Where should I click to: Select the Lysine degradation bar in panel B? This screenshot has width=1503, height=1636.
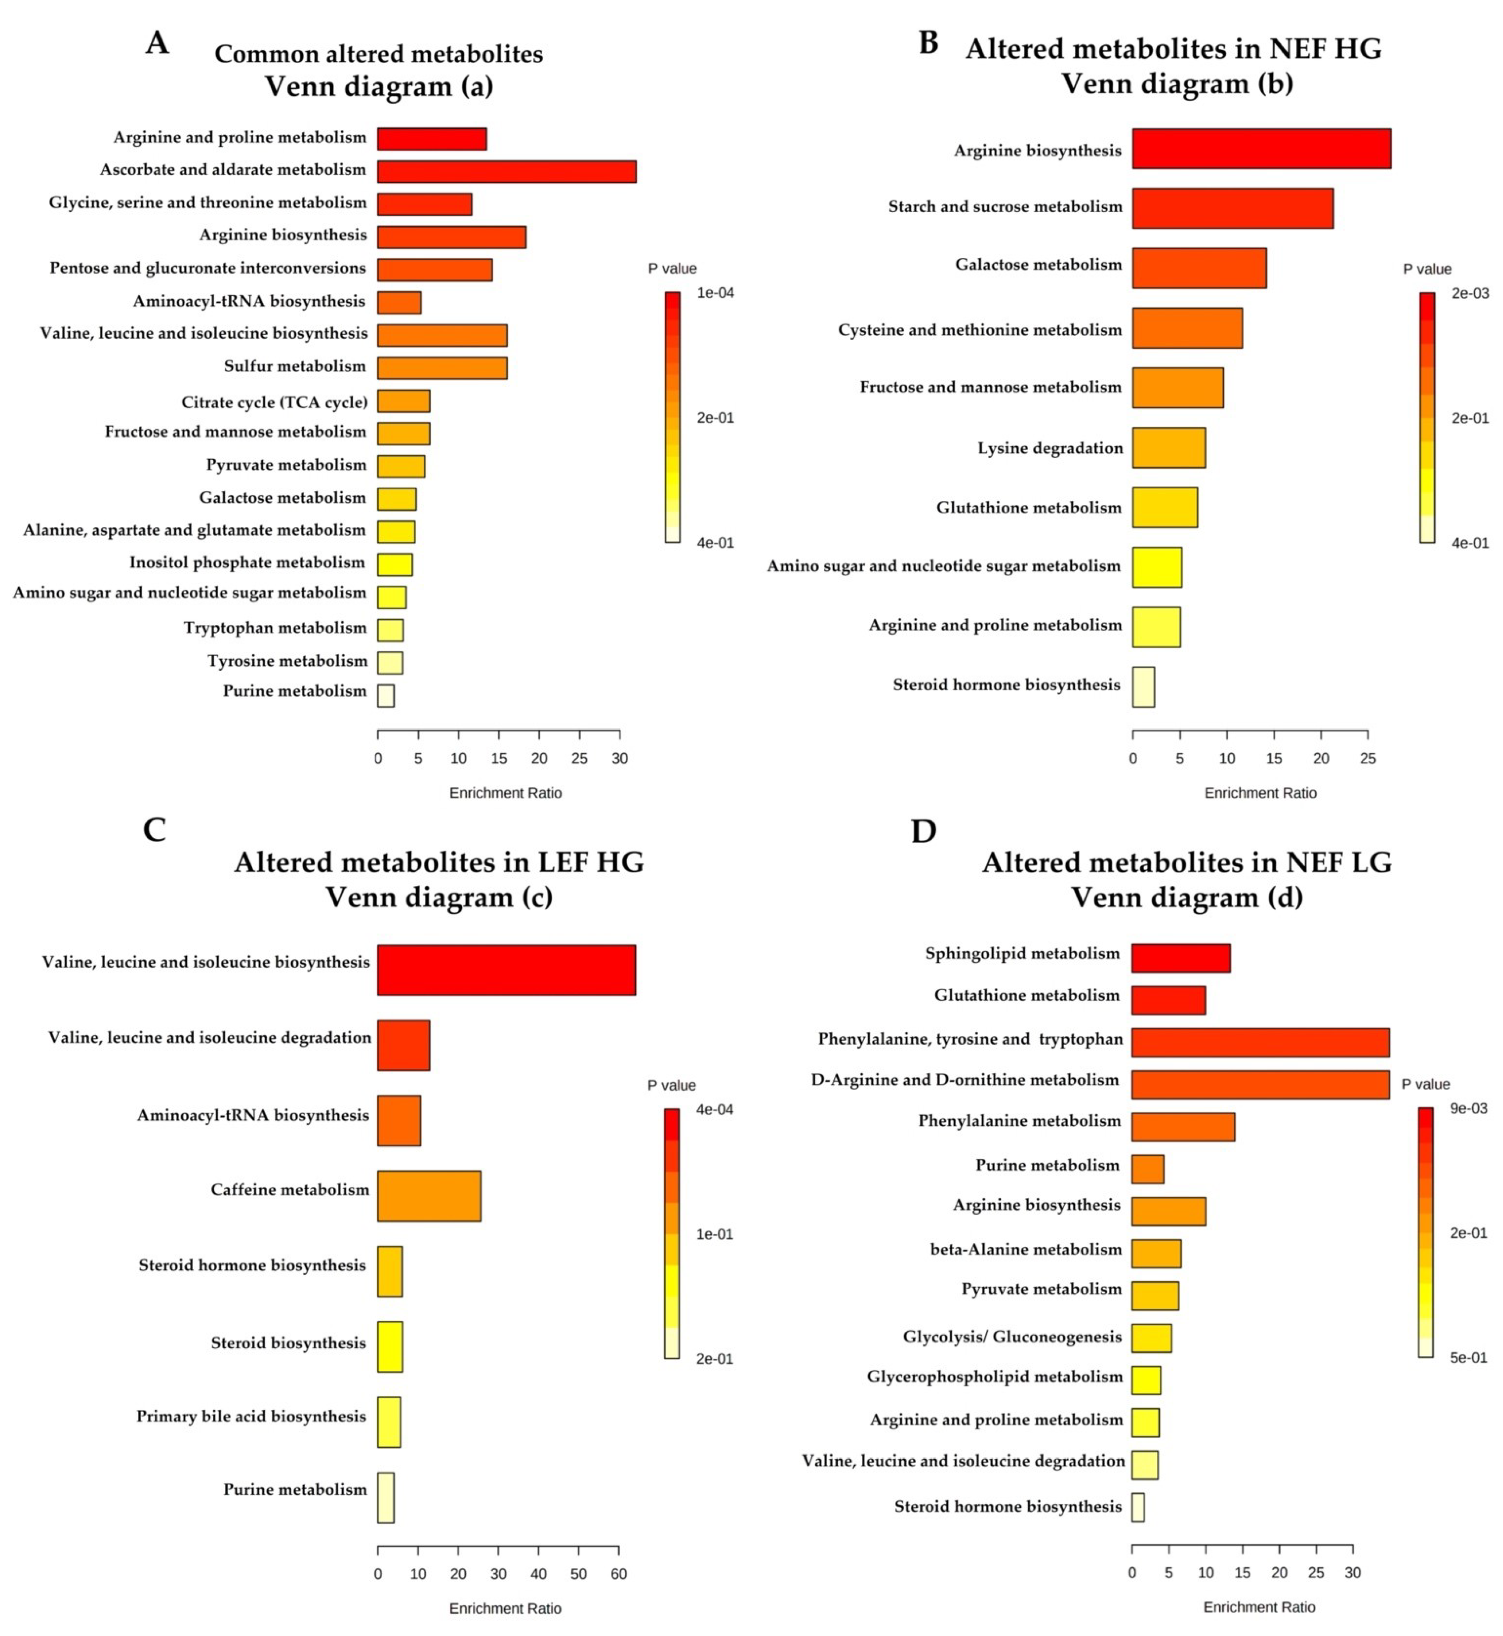pos(1169,447)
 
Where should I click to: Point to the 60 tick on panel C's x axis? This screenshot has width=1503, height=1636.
pos(619,1574)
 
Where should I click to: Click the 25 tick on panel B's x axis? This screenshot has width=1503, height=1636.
pos(1368,759)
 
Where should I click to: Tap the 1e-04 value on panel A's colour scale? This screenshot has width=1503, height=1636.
pos(715,293)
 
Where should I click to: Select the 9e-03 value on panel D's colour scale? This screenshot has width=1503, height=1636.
pos(1469,1108)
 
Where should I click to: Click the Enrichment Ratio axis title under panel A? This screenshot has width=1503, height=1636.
pos(505,793)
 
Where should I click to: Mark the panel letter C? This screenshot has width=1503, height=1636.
pos(155,830)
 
